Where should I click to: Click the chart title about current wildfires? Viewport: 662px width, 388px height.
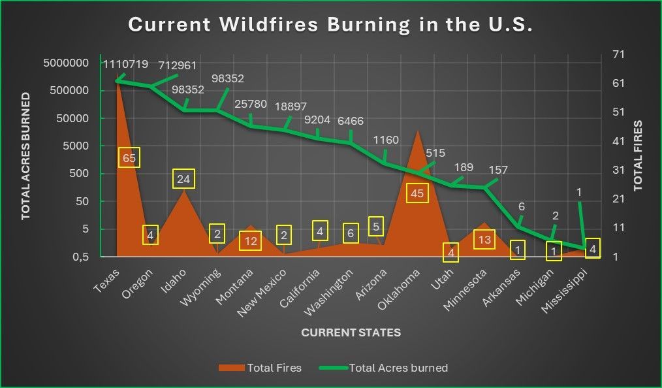point(330,24)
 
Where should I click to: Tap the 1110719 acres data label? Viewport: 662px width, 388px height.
point(126,64)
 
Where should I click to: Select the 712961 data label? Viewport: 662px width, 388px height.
point(178,65)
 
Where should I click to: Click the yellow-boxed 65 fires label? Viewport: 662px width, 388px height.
point(129,158)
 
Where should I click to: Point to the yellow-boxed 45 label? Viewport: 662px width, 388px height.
point(417,193)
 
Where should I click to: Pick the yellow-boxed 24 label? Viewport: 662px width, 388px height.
point(183,179)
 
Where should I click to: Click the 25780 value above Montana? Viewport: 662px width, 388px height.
point(251,104)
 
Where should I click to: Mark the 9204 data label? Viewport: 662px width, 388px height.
point(317,120)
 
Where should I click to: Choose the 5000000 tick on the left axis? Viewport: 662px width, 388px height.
point(66,63)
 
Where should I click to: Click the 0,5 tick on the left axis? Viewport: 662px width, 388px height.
point(81,257)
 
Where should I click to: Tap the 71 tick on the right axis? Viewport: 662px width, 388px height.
point(618,54)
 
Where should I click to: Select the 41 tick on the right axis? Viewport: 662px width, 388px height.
point(618,141)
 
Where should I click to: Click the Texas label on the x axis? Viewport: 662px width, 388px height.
point(107,281)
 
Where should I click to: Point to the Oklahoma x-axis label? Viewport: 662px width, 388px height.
point(398,289)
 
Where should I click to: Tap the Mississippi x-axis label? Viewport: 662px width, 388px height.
point(563,291)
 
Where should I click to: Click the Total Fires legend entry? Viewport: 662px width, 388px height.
point(260,368)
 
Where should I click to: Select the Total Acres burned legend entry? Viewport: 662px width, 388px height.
point(383,368)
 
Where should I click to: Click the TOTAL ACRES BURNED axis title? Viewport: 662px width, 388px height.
point(26,156)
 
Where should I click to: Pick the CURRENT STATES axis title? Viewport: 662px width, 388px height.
point(351,332)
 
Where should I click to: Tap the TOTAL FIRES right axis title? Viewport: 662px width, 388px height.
point(637,156)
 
